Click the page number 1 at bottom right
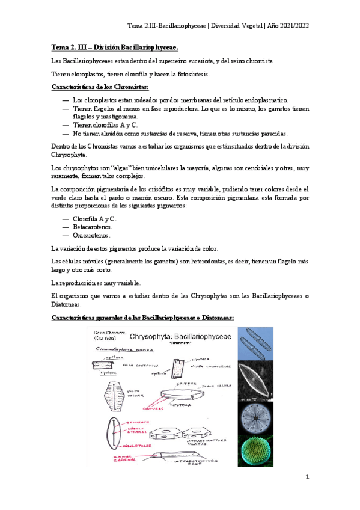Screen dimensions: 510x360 pos(307,477)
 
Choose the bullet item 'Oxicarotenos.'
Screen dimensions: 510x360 pos(91,236)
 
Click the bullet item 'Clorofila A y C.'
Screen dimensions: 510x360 pos(94,218)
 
